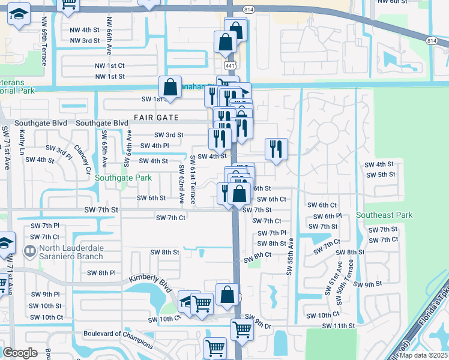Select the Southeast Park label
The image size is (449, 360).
point(384,215)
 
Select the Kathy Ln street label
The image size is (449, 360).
point(22,143)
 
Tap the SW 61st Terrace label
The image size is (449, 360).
point(192,179)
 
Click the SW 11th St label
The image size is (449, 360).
point(339,326)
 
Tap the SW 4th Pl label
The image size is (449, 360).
point(154,146)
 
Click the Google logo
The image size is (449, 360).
point(20,352)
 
